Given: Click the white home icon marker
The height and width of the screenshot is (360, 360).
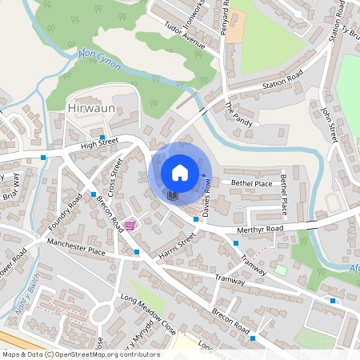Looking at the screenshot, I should coord(180,172).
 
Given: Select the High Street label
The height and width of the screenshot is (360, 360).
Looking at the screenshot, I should coord(99,144).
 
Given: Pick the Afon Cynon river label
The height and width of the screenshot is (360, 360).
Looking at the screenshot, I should coord(101,60).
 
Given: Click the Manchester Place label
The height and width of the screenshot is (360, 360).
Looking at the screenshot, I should coord(76,246).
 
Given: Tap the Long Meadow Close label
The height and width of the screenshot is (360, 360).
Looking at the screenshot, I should coord(148,313).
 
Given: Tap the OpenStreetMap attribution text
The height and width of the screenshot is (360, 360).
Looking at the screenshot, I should coord(81,354).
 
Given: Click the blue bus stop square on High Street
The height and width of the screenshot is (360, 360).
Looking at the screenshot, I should coord(103,138).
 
